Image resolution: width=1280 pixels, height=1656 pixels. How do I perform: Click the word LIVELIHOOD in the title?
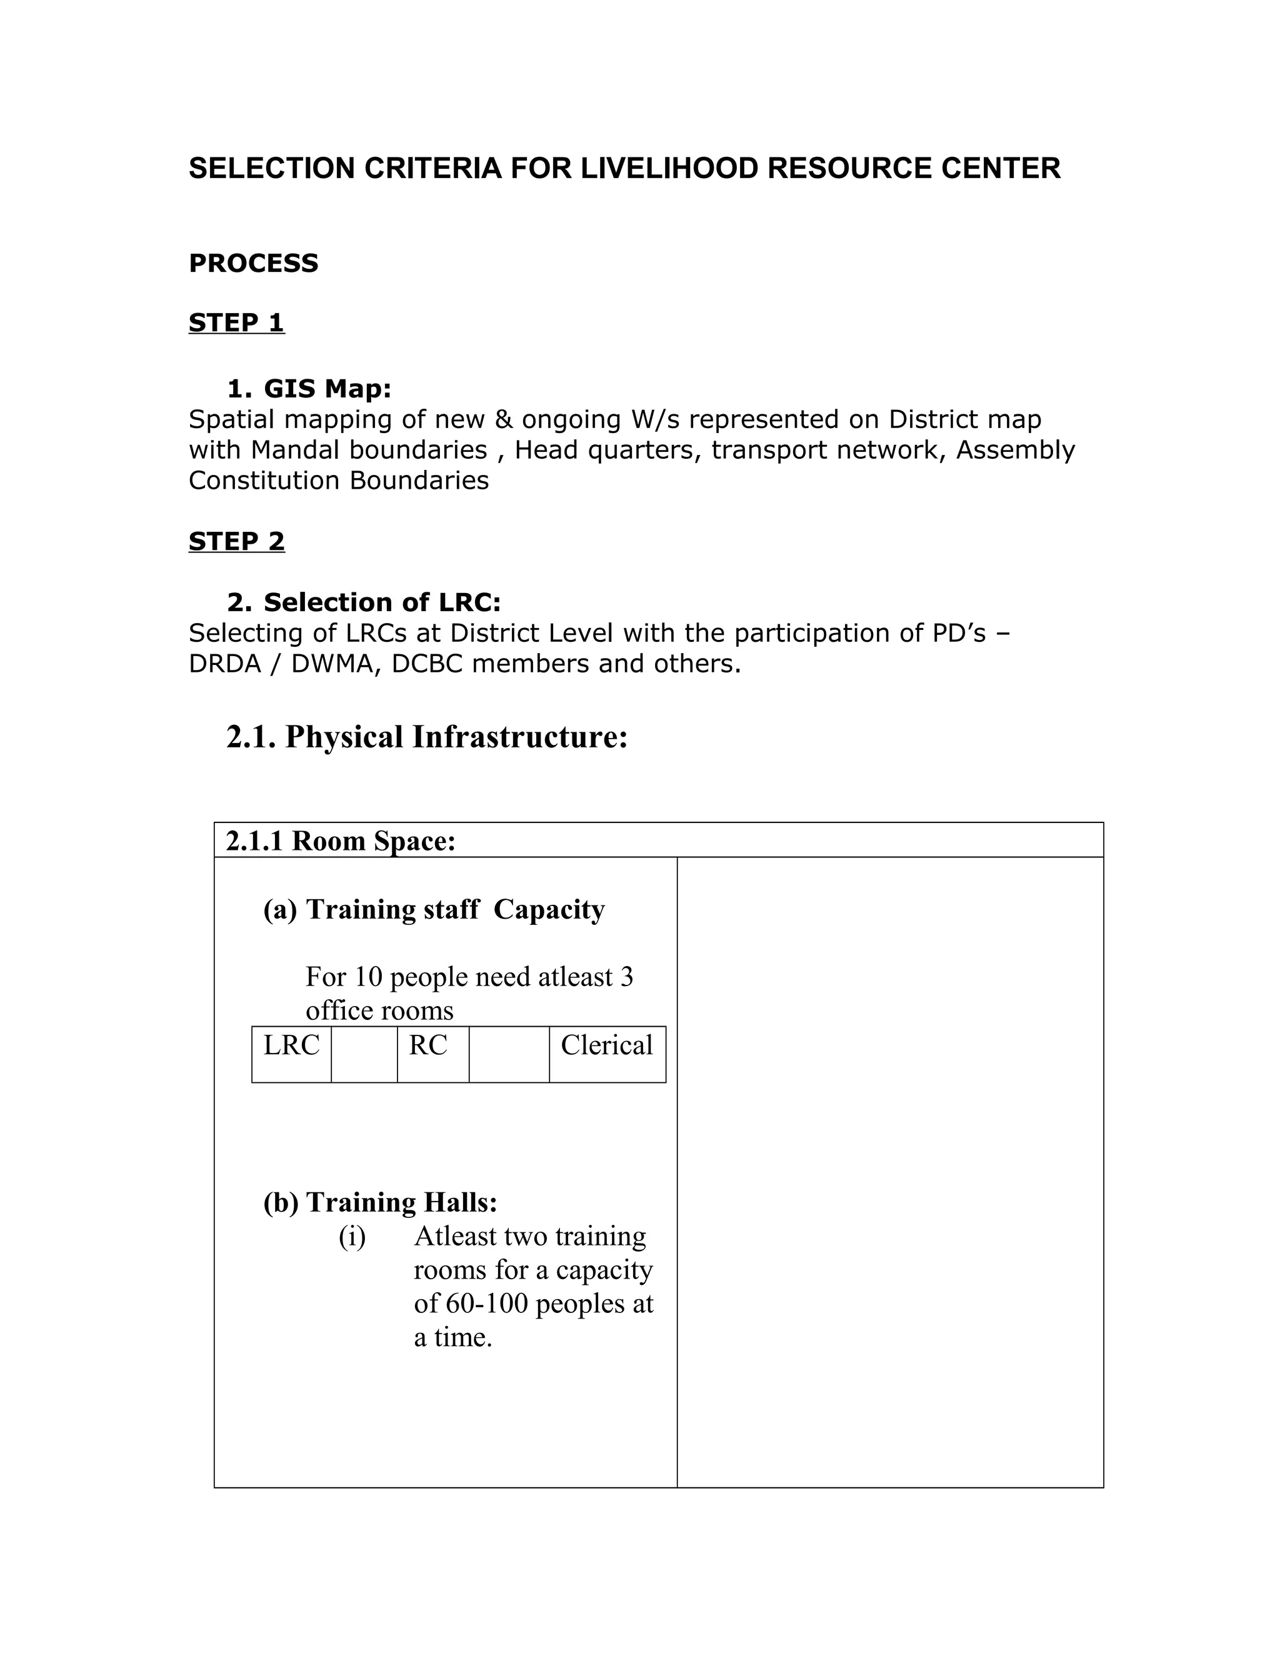click(x=669, y=168)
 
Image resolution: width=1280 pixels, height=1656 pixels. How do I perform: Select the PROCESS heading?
click(x=253, y=263)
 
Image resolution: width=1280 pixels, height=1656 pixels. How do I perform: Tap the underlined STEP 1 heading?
click(x=237, y=322)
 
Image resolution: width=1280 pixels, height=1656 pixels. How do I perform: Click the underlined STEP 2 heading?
click(x=237, y=541)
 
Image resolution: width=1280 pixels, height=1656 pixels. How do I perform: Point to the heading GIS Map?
click(x=309, y=389)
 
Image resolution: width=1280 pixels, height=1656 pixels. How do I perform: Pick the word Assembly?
click(x=1016, y=450)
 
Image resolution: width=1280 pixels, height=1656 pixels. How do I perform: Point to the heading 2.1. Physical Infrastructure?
click(x=427, y=736)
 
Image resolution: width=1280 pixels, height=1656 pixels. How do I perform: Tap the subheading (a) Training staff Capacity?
click(x=434, y=909)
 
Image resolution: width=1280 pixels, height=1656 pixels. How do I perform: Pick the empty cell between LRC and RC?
click(x=364, y=1054)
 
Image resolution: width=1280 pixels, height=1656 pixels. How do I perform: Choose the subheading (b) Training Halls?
click(x=380, y=1202)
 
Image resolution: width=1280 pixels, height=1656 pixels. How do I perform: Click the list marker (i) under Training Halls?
click(x=352, y=1237)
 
